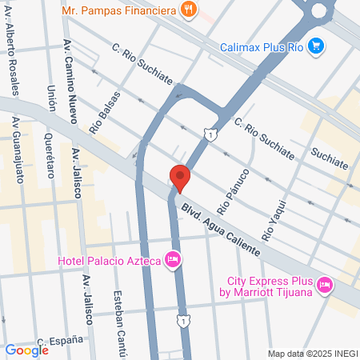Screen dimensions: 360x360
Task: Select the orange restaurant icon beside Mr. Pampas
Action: (188, 10)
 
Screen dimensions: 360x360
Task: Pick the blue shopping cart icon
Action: (317, 45)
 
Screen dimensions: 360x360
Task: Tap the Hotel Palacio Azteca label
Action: (109, 260)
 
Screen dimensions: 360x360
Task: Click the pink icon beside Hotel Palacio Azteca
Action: (172, 260)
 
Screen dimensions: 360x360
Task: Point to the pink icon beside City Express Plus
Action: (324, 285)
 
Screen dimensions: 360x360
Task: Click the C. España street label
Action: (60, 342)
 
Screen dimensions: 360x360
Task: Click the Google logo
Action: (26, 350)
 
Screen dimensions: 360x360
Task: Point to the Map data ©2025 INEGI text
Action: (310, 353)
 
